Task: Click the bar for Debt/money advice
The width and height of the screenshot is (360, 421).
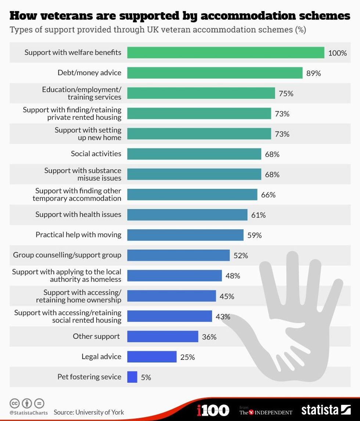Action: [215, 73]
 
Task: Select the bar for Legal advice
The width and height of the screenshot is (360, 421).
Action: [152, 357]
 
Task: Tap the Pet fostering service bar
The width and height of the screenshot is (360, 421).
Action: [132, 377]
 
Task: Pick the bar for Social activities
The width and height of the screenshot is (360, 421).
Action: [194, 154]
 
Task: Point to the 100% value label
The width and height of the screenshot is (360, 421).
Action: [337, 53]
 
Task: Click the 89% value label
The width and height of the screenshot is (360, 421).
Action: [314, 73]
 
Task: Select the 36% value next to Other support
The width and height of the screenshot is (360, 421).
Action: [209, 337]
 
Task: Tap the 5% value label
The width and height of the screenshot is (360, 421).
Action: [146, 377]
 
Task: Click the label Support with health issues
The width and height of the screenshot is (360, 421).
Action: [78, 215]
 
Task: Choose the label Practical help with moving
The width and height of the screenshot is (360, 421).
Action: [78, 235]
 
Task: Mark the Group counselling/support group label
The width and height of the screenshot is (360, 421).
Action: [67, 255]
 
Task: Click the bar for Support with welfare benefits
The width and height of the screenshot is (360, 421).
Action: [226, 53]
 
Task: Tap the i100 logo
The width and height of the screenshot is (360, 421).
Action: [213, 410]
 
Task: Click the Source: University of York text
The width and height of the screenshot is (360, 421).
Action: [89, 412]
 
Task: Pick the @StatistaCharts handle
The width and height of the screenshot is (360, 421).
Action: [28, 413]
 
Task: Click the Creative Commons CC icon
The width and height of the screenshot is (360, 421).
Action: [15, 403]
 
